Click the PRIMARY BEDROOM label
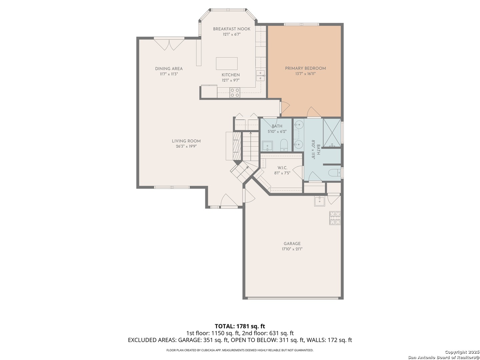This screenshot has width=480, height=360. [x=305, y=68]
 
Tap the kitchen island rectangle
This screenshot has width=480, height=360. [x=227, y=64]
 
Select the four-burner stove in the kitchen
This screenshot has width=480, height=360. [x=235, y=93]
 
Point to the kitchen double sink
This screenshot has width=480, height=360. [x=260, y=76]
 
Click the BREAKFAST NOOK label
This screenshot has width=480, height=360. [x=232, y=29]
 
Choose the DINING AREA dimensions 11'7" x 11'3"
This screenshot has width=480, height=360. [x=169, y=74]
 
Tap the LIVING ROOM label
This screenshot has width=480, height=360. [x=186, y=141]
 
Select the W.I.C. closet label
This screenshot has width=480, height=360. [x=282, y=168]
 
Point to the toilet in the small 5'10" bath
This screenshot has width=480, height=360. [x=284, y=145]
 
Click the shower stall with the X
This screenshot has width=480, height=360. [x=332, y=133]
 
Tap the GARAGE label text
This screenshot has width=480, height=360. [x=292, y=243]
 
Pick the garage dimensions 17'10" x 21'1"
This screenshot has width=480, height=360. [x=292, y=249]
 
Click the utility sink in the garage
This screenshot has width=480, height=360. [x=320, y=201]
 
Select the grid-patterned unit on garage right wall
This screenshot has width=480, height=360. [x=335, y=218]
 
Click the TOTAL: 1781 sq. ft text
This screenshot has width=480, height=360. [x=240, y=326]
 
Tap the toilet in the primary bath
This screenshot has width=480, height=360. [x=334, y=173]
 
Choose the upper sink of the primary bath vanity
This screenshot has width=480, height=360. [x=298, y=125]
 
